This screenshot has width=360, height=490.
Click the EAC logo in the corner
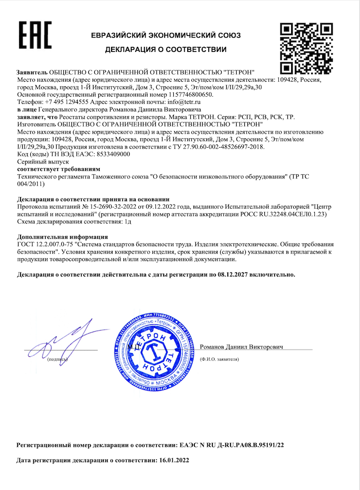35,35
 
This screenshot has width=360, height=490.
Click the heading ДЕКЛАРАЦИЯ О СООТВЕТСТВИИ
166,50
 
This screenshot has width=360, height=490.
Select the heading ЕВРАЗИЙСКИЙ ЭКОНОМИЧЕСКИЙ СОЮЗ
166,35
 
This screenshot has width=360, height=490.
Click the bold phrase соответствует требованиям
59,169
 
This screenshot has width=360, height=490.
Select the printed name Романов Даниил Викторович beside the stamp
242,347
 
